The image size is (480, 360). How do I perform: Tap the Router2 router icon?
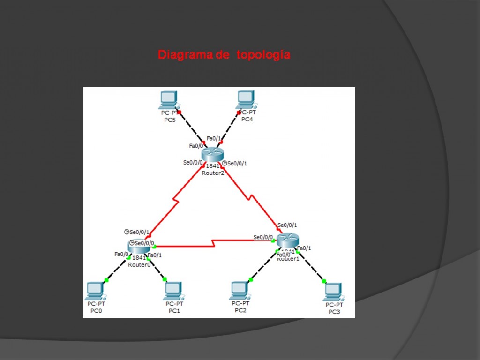213,154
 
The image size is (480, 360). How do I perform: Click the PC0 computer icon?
95,291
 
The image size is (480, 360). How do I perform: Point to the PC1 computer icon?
173,291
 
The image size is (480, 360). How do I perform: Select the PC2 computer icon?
240,290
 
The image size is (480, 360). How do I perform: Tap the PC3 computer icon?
333,292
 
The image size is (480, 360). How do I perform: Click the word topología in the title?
263,55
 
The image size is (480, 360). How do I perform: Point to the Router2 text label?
213,172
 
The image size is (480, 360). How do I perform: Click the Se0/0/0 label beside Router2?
193,163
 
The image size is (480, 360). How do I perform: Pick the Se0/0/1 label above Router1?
287,225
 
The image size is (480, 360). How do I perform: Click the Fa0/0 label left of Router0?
121,254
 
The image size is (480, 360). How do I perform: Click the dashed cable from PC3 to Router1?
311,268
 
